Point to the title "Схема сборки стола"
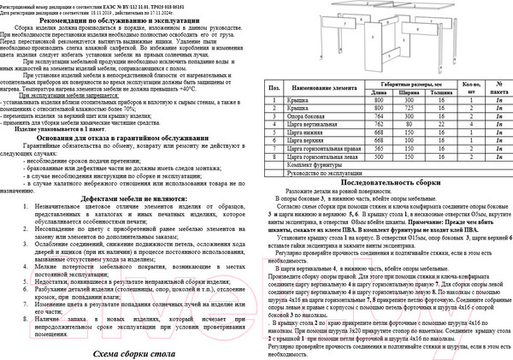(124, 352)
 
